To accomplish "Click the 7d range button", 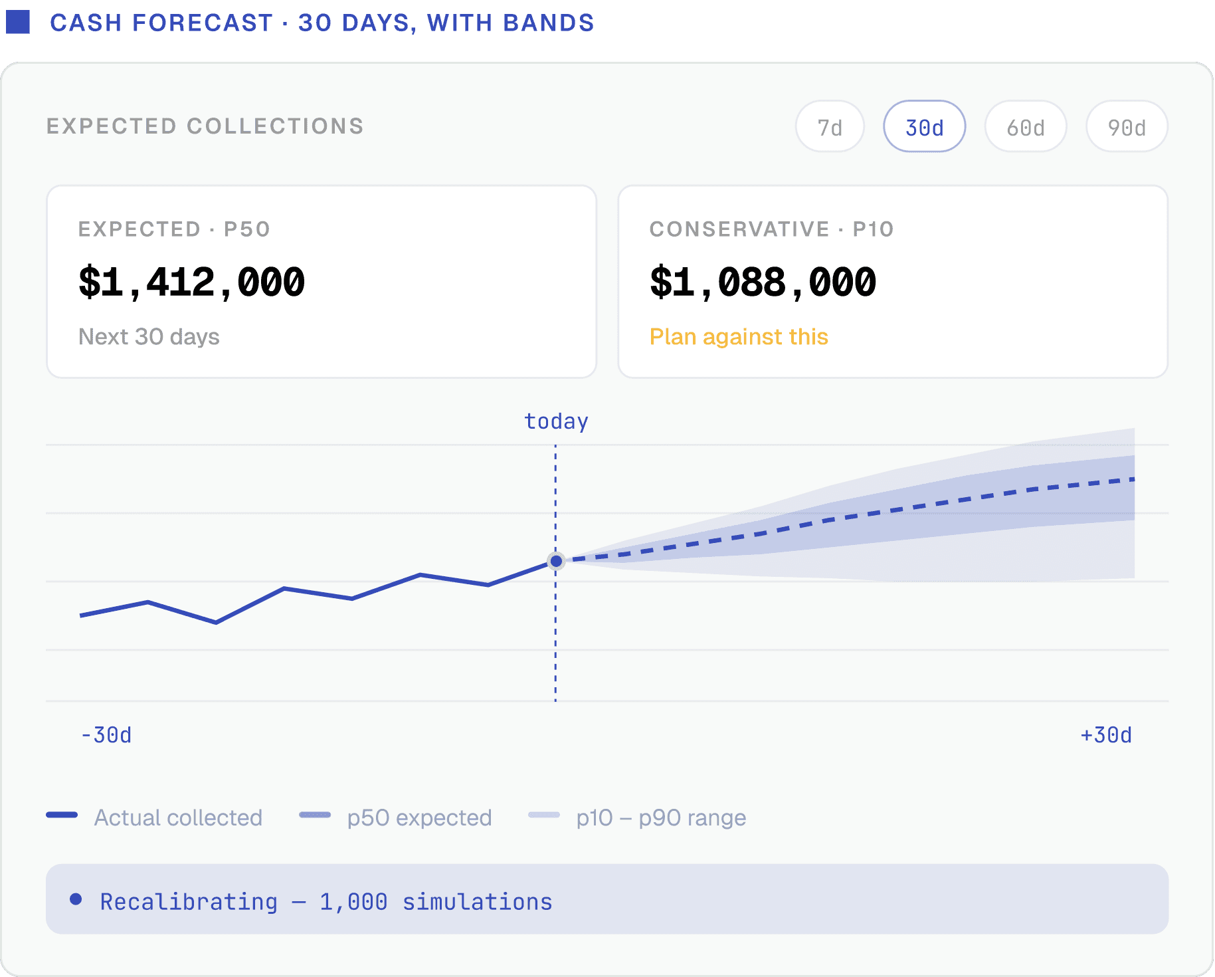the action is [x=830, y=126].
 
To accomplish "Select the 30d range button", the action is [x=924, y=126].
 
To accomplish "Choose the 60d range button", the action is [x=1026, y=126].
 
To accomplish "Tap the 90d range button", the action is [x=1127, y=126].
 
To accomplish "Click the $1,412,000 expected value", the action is [x=191, y=282].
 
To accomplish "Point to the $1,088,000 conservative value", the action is [x=763, y=282].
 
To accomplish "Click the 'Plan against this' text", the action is [x=739, y=337].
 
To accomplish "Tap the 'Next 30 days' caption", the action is [x=149, y=337].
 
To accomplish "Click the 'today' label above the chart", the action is [x=556, y=421].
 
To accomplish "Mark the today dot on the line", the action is [x=556, y=562].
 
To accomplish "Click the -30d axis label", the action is [x=106, y=735].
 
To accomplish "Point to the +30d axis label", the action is [x=1106, y=735].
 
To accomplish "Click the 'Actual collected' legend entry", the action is [x=154, y=817].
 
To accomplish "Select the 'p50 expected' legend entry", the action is [x=395, y=817].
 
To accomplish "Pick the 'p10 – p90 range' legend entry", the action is [x=637, y=817].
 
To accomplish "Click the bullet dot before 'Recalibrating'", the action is [x=76, y=899].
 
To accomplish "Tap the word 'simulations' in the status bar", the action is [x=477, y=902].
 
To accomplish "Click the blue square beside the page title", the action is [x=18, y=22].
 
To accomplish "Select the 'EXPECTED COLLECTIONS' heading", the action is [x=205, y=126].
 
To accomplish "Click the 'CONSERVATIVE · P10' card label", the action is [x=772, y=229].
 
